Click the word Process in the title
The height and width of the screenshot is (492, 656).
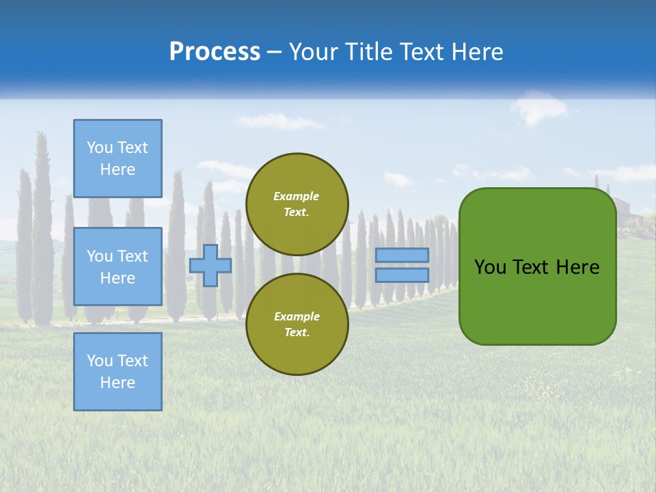coord(215,52)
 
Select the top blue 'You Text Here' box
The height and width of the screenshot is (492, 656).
coord(118,159)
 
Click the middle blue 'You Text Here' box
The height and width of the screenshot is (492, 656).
coord(118,266)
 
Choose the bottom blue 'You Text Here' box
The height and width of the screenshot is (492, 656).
coord(118,372)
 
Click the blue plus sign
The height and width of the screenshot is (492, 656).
coord(210,265)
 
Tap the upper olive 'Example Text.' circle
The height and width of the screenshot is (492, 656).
coord(297,204)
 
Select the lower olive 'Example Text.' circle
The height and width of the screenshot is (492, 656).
coord(297,324)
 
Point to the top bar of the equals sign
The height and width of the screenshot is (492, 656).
coord(402,255)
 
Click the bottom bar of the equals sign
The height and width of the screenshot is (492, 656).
coord(402,275)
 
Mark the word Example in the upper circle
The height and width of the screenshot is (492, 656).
coord(297,196)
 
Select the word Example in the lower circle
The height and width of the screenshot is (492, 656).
coord(297,316)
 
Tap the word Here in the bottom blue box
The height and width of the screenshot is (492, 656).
coord(118,383)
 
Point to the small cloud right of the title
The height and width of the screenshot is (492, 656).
coord(540,108)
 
